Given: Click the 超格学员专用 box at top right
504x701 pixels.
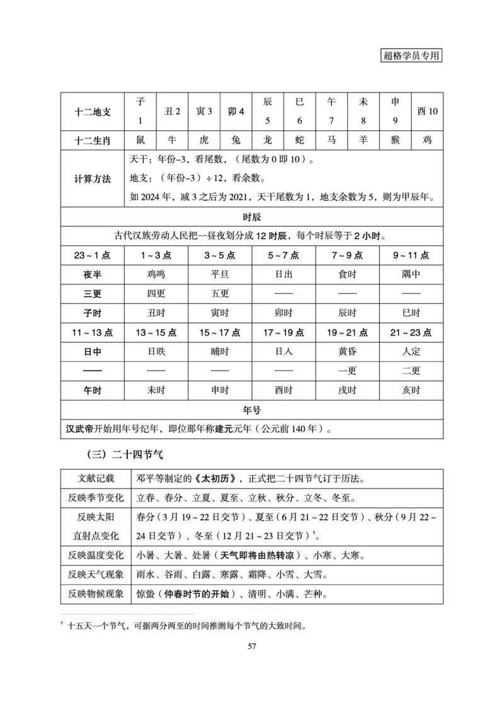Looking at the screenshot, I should [411, 55].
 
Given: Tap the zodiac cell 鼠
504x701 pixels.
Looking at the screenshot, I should [140, 140].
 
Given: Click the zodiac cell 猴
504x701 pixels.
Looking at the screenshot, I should [395, 140].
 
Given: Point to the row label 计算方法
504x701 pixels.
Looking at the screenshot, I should [93, 179].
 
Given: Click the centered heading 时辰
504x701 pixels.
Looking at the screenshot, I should [251, 217].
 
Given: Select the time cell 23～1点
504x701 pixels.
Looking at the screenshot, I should [93, 255].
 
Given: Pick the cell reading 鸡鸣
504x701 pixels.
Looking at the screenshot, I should [156, 274].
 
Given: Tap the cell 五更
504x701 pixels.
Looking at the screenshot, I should [220, 294].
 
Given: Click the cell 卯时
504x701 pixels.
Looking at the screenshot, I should [283, 313].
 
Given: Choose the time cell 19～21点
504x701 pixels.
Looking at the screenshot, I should [347, 332].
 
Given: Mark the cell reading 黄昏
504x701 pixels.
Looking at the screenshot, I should [347, 352].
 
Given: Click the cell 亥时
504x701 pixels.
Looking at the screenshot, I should [411, 390].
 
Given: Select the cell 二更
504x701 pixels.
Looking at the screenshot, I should [411, 371].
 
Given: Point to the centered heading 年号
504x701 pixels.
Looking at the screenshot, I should [251, 410].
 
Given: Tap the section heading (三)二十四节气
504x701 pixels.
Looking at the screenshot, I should [125, 453].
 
